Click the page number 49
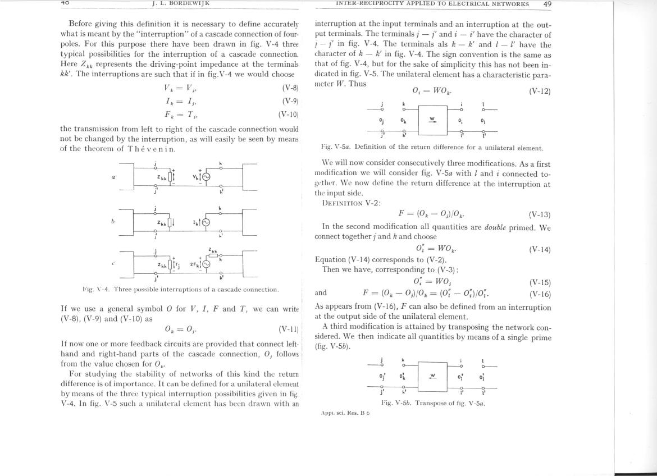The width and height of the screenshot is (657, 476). (547, 3)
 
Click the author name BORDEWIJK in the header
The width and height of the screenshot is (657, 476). (188, 3)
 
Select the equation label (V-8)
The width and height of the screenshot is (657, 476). (290, 88)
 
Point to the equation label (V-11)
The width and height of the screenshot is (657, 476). (288, 329)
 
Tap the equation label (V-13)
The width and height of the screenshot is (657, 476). (540, 214)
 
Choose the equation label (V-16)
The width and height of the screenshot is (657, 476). (540, 294)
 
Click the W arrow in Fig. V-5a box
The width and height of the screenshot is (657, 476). (432, 119)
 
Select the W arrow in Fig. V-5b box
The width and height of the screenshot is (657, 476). (432, 376)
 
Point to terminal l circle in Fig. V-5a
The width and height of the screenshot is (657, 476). (483, 109)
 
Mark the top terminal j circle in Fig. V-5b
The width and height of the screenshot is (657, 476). (382, 365)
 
